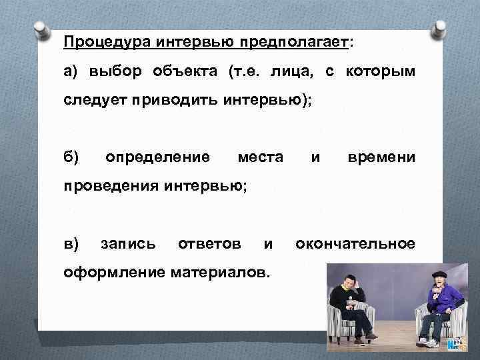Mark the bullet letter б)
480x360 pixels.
[71, 158]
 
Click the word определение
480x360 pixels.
[158, 158]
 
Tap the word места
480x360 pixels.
[261, 158]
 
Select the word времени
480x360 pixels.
[381, 158]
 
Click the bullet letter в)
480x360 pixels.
[71, 244]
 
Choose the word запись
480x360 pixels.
[129, 244]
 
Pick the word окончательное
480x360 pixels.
[355, 244]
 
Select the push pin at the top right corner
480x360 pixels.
[441, 28]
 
